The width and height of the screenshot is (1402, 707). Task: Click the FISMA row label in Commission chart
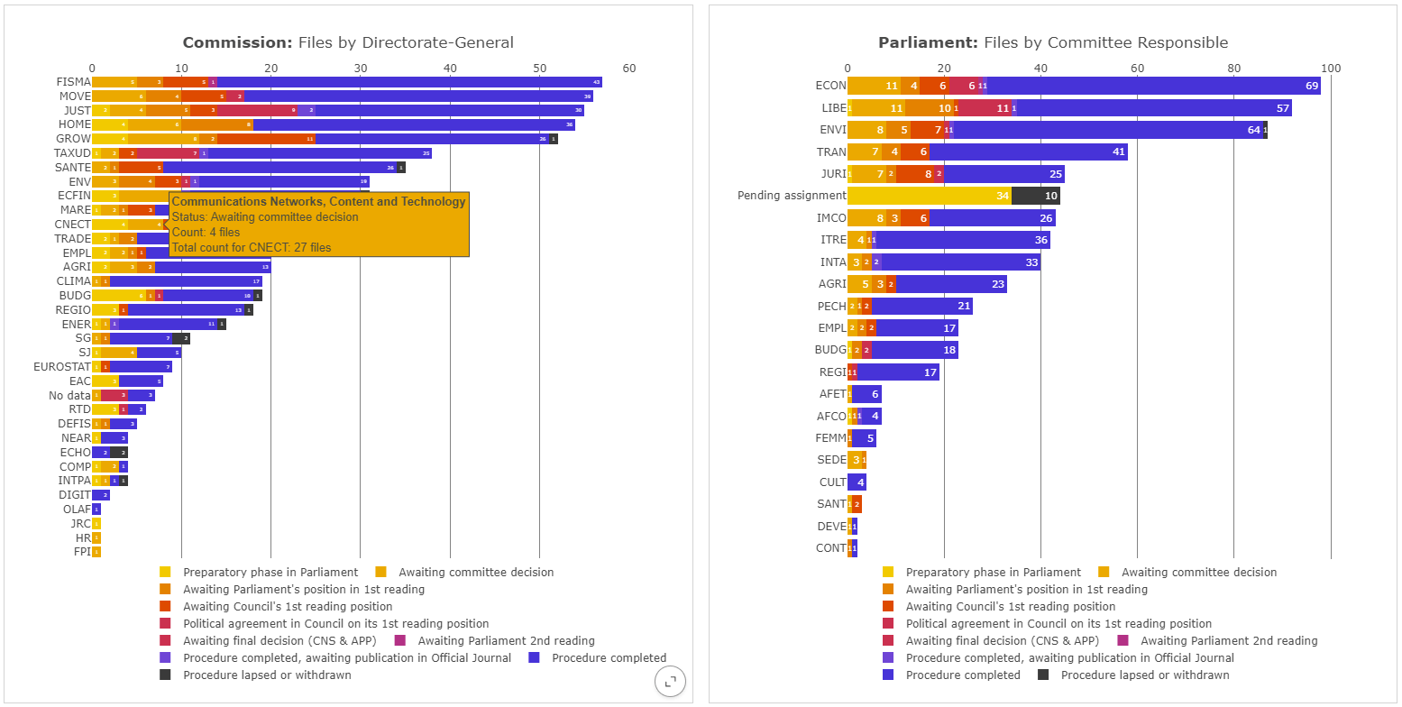[x=74, y=82]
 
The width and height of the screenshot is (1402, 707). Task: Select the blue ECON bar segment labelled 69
[x=1154, y=86]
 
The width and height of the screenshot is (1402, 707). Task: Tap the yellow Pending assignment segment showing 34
[x=929, y=196]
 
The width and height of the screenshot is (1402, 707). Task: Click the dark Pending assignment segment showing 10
[x=1036, y=196]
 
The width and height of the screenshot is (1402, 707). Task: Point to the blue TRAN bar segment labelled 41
[x=1028, y=151]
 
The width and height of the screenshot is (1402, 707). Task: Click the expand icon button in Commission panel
[x=670, y=682]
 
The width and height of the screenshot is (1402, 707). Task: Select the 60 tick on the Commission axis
[x=628, y=69]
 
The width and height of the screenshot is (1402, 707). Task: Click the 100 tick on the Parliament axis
[x=1330, y=69]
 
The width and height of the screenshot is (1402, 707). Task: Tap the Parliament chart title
[x=1053, y=42]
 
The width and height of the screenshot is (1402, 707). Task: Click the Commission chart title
[x=348, y=42]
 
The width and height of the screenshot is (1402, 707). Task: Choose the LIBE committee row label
[x=834, y=108]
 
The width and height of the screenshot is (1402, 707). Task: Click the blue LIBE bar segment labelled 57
[x=1154, y=108]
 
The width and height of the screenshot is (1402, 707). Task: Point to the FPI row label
[x=82, y=552]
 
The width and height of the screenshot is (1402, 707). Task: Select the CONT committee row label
[x=830, y=548]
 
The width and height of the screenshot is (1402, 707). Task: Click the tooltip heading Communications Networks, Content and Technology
[x=318, y=202]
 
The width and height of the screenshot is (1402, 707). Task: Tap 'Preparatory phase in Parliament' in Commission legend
[x=270, y=572]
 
